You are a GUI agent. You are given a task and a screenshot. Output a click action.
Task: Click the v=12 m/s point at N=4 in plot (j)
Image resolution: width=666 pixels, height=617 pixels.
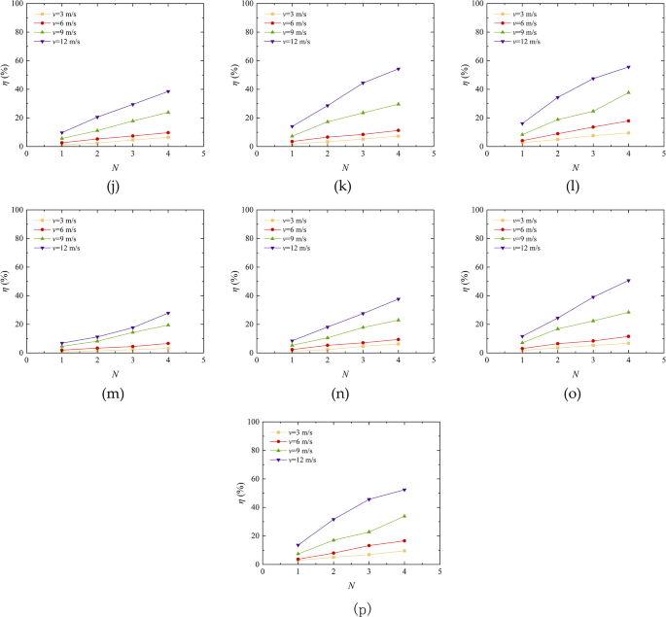coord(168,91)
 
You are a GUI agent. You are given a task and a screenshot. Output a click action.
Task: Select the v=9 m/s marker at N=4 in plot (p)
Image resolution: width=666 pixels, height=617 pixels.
coord(404,516)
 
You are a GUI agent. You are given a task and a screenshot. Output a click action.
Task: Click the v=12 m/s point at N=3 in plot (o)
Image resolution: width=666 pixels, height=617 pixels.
coord(593,297)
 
